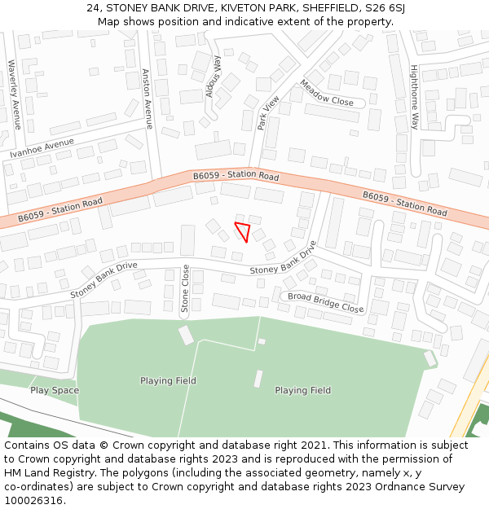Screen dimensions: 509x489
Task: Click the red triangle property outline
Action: pos(242,230)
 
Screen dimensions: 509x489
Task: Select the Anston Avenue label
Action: pos(148,99)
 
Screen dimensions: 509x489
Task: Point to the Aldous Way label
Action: pos(214,77)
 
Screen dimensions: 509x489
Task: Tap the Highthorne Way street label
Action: pos(414,97)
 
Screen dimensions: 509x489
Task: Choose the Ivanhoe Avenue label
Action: pos(42,148)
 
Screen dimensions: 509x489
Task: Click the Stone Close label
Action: pos(185,288)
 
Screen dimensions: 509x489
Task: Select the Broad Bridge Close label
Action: pos(325,302)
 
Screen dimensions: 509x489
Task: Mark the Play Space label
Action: pos(55,390)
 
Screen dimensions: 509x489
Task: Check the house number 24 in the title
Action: pos(92,8)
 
